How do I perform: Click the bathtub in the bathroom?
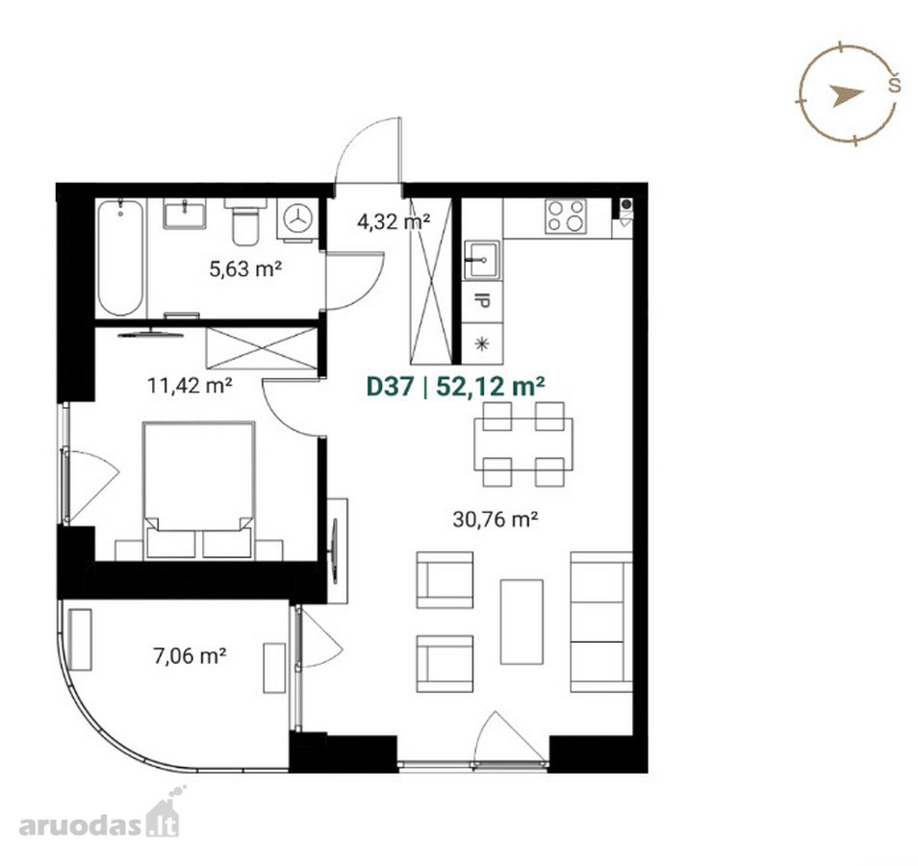120,258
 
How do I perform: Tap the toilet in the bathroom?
244,221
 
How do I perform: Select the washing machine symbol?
298,219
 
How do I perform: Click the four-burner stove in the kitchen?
566,216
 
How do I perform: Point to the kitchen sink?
482,260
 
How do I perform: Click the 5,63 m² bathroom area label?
246,269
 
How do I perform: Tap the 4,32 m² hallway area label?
394,221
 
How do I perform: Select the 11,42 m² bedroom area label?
190,385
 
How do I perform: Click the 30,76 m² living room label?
496,519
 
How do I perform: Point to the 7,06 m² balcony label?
190,656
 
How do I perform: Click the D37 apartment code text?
390,387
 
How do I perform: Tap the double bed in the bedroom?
198,490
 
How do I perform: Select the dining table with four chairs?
523,444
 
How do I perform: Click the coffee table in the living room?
522,622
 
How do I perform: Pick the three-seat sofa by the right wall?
601,623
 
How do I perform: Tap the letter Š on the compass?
894,83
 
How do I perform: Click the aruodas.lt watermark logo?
99,813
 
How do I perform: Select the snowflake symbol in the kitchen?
482,344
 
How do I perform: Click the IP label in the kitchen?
482,301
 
